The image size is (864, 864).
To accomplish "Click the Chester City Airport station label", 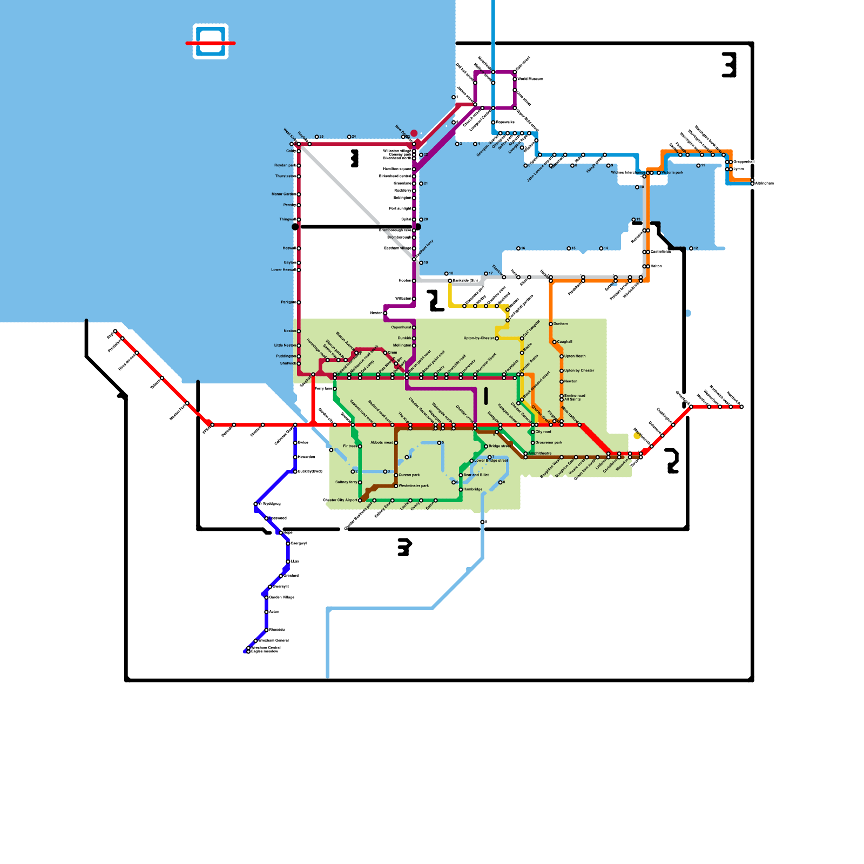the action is (x=340, y=500).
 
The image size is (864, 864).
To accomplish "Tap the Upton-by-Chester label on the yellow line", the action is (x=478, y=338).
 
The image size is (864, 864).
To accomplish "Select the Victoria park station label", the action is (x=672, y=173).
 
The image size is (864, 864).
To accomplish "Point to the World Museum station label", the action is (x=530, y=79).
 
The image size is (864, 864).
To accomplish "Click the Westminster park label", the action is (x=414, y=485).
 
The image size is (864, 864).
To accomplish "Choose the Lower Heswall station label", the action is (x=283, y=269).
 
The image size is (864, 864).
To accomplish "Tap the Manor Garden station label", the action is (x=283, y=194).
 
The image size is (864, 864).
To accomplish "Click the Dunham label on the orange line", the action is (x=561, y=323).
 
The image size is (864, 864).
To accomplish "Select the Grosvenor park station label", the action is (x=549, y=442).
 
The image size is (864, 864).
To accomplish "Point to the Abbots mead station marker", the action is (x=396, y=443).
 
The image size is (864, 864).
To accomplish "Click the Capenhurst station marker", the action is (x=414, y=327).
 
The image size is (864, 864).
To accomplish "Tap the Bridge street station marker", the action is (x=486, y=446).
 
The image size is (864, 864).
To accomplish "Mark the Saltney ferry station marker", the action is (x=360, y=482).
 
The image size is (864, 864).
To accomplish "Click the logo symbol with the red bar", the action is (x=211, y=42).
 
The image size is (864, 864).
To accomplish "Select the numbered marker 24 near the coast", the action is (x=349, y=137).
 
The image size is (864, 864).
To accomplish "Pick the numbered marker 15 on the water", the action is (x=569, y=248).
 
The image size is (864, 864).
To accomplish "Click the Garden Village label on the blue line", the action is (x=281, y=597).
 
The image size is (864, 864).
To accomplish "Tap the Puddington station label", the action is (x=286, y=356).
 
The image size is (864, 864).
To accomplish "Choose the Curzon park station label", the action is (x=409, y=475).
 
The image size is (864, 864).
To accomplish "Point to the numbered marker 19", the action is (x=421, y=262).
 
